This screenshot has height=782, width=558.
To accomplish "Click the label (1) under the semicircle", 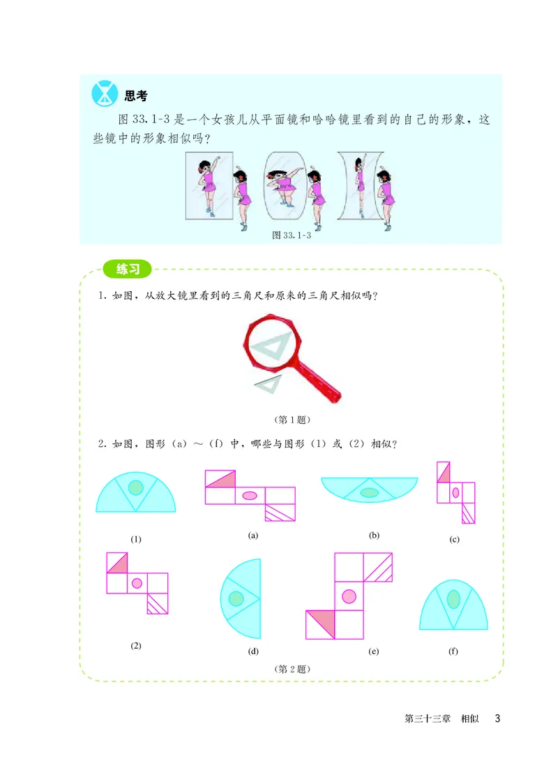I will (x=136, y=539).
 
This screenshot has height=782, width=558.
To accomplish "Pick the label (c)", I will (x=455, y=539).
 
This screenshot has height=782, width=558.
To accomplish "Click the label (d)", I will (x=252, y=651).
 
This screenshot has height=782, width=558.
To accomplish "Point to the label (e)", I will (x=375, y=651).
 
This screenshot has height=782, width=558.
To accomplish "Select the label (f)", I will (x=453, y=651).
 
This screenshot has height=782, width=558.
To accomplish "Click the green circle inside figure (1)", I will (x=136, y=487).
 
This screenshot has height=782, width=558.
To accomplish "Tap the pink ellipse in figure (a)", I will (x=249, y=496).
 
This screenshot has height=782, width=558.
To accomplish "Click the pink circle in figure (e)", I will (x=349, y=596).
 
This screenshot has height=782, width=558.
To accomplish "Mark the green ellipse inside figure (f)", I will (x=453, y=598).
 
